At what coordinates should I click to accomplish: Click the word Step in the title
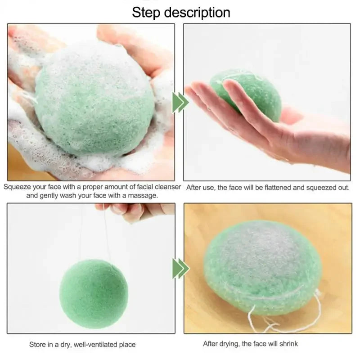pyautogui.click(x=146, y=12)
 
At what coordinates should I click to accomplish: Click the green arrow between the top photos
pyautogui.click(x=180, y=102)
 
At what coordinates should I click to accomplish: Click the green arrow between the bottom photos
pyautogui.click(x=180, y=269)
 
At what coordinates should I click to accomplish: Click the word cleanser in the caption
pyautogui.click(x=167, y=187)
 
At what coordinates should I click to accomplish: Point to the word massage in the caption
pyautogui.click(x=144, y=195)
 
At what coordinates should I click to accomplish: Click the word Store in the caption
pyautogui.click(x=38, y=344)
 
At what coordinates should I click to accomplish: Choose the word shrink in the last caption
pyautogui.click(x=288, y=344)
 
